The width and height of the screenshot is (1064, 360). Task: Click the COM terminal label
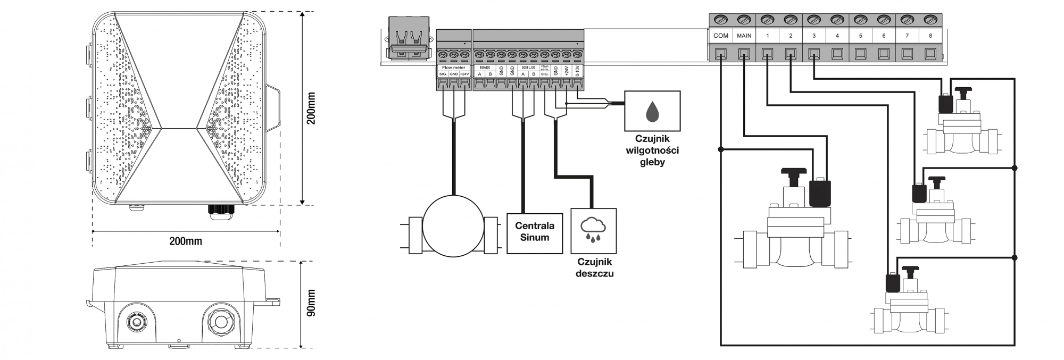(x=721, y=36)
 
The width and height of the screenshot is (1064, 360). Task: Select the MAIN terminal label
(x=744, y=36)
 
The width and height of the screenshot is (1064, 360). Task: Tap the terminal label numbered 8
(x=930, y=36)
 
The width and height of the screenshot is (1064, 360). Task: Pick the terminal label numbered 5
(x=860, y=36)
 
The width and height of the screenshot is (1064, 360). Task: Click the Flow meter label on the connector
(x=454, y=68)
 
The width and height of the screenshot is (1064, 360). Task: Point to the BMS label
(x=485, y=68)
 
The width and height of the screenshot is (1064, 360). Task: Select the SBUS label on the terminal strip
(x=528, y=68)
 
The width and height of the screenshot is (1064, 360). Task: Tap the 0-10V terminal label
(x=578, y=71)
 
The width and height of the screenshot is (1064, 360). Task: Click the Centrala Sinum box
(x=535, y=233)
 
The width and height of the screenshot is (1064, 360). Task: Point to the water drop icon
(x=652, y=111)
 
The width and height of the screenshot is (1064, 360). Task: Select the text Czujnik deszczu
(x=594, y=267)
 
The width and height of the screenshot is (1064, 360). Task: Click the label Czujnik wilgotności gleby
(x=652, y=150)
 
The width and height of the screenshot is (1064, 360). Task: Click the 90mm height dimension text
(x=311, y=304)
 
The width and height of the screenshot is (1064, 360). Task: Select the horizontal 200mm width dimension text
(x=186, y=241)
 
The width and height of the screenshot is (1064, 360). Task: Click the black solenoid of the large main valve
(x=819, y=192)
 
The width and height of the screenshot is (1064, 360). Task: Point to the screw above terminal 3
(x=814, y=20)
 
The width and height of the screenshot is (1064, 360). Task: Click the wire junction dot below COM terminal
(x=721, y=149)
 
